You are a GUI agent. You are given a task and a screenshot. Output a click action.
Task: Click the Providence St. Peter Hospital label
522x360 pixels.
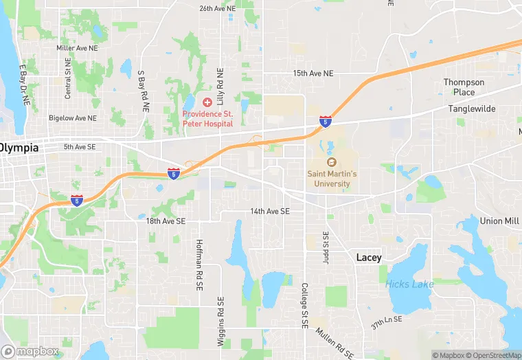[x=207, y=118]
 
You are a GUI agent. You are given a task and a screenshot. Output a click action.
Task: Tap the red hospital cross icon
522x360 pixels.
[x=207, y=102]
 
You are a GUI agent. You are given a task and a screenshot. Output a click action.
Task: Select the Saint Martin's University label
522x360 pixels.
[x=332, y=179]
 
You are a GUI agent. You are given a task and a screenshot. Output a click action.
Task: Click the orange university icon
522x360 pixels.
[x=331, y=162]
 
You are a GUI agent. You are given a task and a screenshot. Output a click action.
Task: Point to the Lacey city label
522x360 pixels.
[x=369, y=257]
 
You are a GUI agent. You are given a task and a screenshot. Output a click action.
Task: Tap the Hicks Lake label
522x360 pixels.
[x=409, y=284]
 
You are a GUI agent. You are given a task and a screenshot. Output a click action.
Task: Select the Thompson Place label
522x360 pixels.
[x=464, y=87]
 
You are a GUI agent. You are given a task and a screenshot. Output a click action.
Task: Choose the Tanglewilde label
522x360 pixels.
[x=472, y=109]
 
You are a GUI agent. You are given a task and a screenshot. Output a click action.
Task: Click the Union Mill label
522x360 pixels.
[x=500, y=221]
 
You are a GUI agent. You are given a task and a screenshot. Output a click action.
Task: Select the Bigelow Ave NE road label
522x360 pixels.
[x=72, y=118]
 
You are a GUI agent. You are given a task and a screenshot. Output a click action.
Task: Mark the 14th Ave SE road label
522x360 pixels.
[x=270, y=211]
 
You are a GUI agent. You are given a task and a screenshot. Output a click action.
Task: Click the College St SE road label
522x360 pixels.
[x=304, y=304]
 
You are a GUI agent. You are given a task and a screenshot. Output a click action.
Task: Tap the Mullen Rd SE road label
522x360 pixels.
[x=335, y=342]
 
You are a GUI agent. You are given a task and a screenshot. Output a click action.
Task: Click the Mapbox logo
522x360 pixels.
[x=30, y=351]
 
